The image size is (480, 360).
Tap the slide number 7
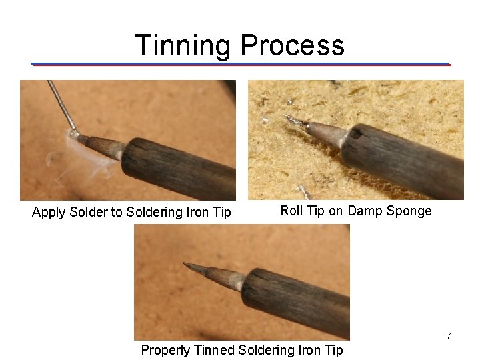tap(449, 337)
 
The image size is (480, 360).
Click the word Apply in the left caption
tap(49, 213)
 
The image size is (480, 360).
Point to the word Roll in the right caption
tap(292, 211)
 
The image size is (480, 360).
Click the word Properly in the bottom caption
tap(165, 350)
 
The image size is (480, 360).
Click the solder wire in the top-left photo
tap(60, 103)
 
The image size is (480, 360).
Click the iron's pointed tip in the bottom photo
tap(190, 267)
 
